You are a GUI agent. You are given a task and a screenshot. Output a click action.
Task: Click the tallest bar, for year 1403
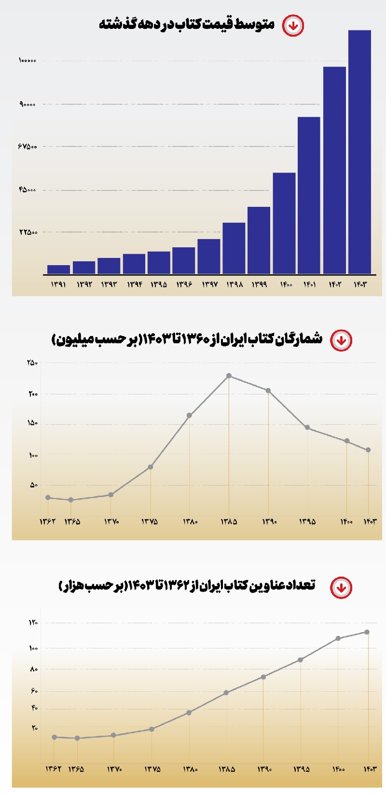(x=359, y=152)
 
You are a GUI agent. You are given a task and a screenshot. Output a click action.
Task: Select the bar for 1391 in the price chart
(x=58, y=269)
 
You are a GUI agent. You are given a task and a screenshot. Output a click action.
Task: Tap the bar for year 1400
(x=284, y=223)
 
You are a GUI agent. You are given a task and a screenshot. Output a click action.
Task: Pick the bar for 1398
(x=234, y=248)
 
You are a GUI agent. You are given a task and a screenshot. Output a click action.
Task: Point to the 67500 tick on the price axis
(x=28, y=146)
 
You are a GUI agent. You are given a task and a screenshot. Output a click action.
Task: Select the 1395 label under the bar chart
(x=159, y=284)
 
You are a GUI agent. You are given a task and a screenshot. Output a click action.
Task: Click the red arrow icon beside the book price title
(x=293, y=26)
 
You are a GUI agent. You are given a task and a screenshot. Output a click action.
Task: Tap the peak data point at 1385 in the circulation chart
(x=229, y=376)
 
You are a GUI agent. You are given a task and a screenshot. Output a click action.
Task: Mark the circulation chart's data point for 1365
(x=71, y=500)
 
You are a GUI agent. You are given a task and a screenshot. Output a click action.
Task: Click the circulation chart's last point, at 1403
(x=368, y=450)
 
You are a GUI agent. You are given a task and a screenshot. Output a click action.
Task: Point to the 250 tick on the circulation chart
(x=32, y=363)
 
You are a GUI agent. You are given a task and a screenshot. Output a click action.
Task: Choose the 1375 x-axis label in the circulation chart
(x=150, y=522)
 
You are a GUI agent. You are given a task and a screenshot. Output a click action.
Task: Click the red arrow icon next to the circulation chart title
(x=341, y=340)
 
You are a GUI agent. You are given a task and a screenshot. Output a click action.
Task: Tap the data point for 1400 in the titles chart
(x=338, y=638)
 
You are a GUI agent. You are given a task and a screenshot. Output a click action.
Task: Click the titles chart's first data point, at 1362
(x=55, y=737)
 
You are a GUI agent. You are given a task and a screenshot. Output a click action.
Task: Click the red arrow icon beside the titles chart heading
(x=341, y=588)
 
